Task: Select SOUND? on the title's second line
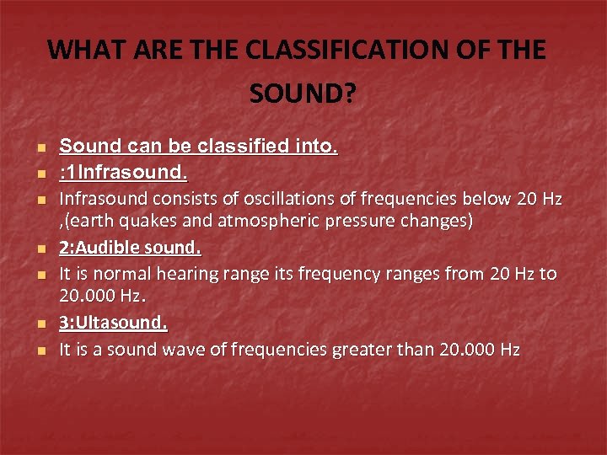(x=303, y=94)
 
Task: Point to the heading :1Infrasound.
(x=123, y=173)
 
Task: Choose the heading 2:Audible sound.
(x=130, y=249)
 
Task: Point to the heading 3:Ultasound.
(x=113, y=324)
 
